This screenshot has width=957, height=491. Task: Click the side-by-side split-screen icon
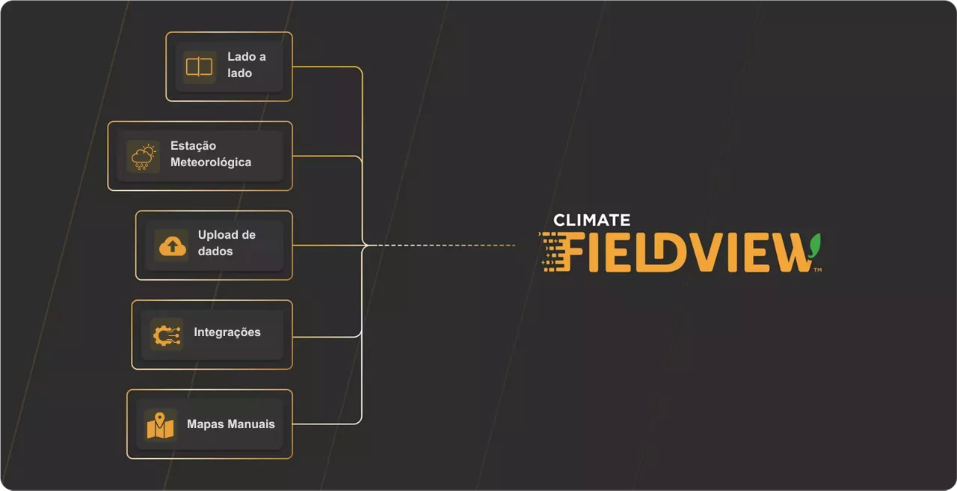point(199,67)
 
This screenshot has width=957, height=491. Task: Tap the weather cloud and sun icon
point(143,157)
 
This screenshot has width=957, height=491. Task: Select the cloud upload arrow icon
point(173,246)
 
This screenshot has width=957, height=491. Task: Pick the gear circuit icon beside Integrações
point(167,335)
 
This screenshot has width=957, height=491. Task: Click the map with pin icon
point(160,426)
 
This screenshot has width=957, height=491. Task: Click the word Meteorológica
point(211,162)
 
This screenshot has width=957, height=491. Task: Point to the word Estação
point(193,146)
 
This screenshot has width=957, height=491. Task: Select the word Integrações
point(227,332)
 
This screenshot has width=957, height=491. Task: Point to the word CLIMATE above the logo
point(591,220)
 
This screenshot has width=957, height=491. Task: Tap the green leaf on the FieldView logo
point(815,246)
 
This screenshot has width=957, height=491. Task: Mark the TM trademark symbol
point(818,270)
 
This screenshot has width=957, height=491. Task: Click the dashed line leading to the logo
point(442,246)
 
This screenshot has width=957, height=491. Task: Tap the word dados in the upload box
point(215,251)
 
